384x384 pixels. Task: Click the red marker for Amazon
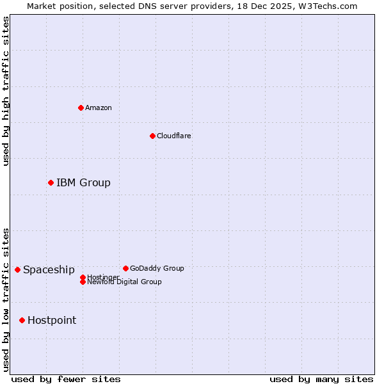[x=81, y=108]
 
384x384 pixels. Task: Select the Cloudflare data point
[x=152, y=136]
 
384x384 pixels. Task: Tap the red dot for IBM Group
[x=51, y=182]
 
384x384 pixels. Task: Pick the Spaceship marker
[x=17, y=269]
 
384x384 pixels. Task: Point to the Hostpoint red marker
[x=22, y=320]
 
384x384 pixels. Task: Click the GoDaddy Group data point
[x=125, y=268]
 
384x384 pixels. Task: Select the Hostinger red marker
[x=83, y=277]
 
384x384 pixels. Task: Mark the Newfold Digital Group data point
[x=83, y=282]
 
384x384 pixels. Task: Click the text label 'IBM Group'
[x=83, y=183]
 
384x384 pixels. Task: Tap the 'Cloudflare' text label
[x=173, y=136]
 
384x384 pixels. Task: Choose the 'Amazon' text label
[x=98, y=108]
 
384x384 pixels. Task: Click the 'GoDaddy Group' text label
[x=157, y=268]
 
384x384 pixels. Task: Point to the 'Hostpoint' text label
[x=52, y=321]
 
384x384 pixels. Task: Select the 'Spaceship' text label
[x=49, y=270]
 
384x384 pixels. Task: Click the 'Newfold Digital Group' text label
[x=124, y=282]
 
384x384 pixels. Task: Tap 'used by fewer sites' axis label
[x=66, y=379]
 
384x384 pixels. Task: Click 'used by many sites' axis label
[x=321, y=379]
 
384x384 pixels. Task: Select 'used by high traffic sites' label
[x=6, y=91]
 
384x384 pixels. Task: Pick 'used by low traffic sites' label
[x=6, y=299]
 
